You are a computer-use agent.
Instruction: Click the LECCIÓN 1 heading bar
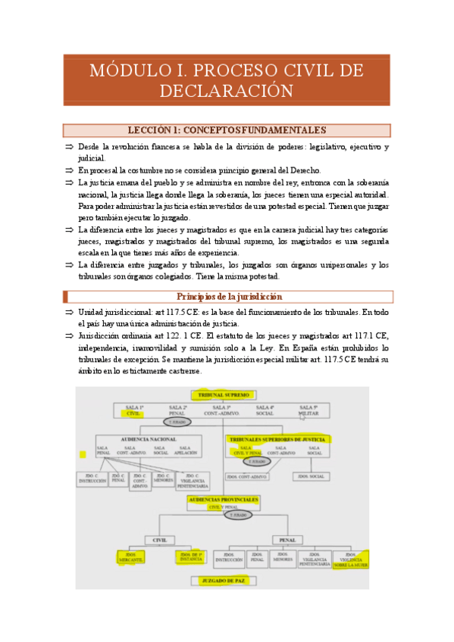click(227, 130)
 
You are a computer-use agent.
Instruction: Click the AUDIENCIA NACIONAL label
click(149, 439)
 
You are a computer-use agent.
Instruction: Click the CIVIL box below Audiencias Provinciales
click(160, 540)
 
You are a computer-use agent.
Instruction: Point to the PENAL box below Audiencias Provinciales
click(287, 540)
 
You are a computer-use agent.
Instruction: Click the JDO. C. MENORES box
click(163, 479)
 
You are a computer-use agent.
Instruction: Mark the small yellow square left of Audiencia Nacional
click(83, 454)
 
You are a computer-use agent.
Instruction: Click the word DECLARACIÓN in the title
click(227, 92)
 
